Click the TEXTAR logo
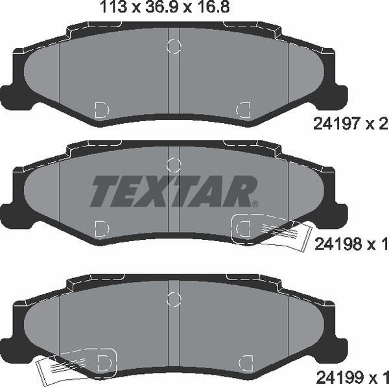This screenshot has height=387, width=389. [173, 190]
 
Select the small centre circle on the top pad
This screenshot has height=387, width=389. [173, 45]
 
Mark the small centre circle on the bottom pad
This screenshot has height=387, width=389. [173, 298]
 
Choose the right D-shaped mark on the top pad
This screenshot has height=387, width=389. [244, 109]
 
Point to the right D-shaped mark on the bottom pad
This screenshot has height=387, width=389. [244, 360]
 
